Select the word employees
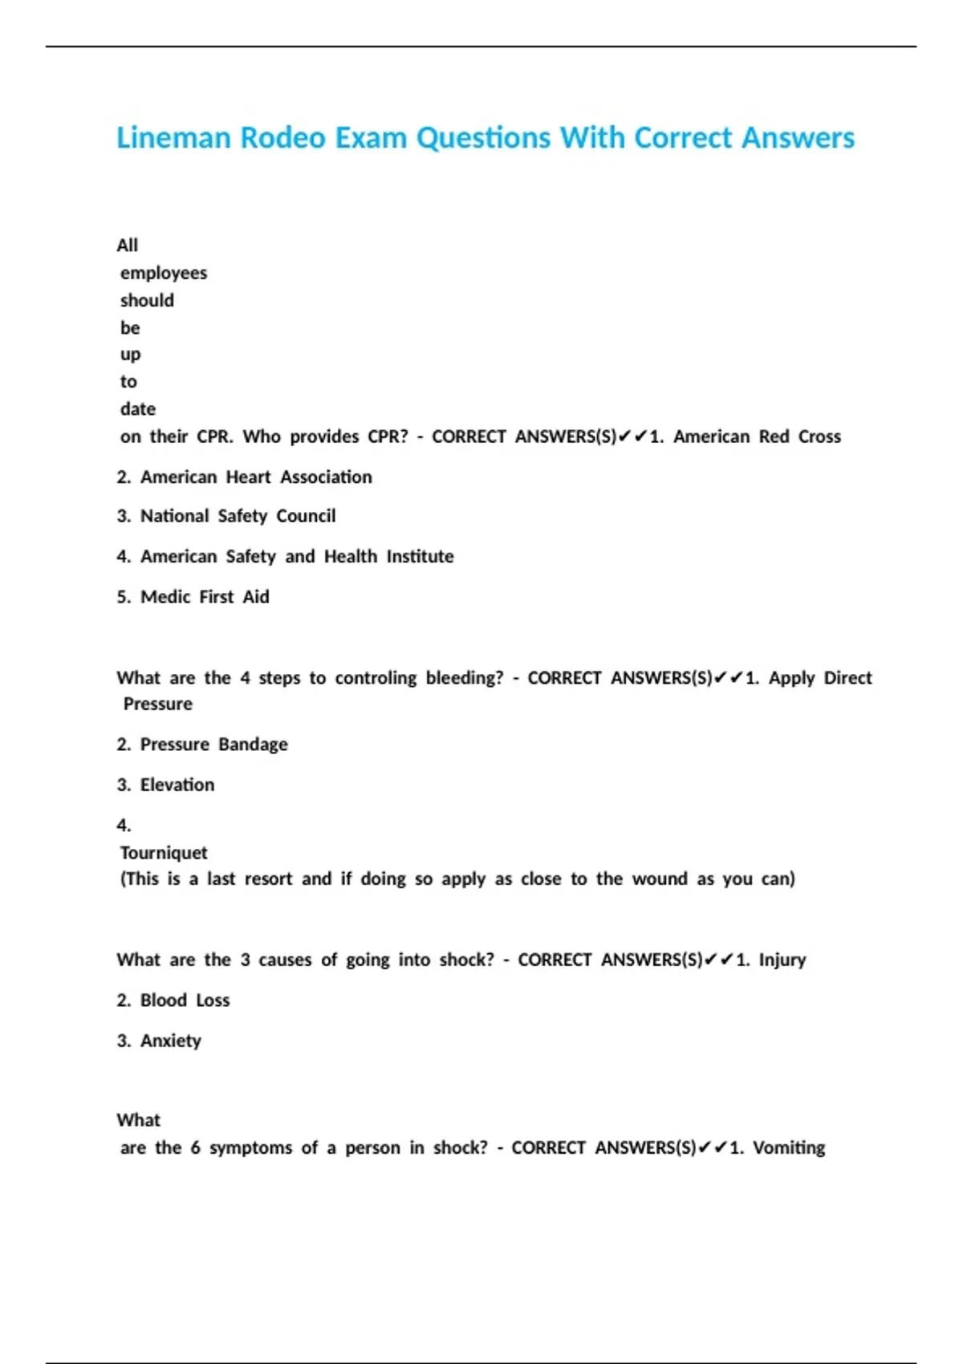(x=164, y=273)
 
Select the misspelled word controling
(x=376, y=678)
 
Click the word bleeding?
(x=465, y=678)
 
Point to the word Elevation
(x=177, y=785)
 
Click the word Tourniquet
(x=164, y=852)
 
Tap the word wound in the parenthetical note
(x=660, y=879)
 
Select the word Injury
(x=782, y=960)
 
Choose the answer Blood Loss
(x=185, y=1001)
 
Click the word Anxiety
(x=171, y=1041)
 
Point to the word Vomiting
(x=789, y=1147)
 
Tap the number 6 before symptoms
(x=195, y=1147)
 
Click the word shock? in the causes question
(x=467, y=960)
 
